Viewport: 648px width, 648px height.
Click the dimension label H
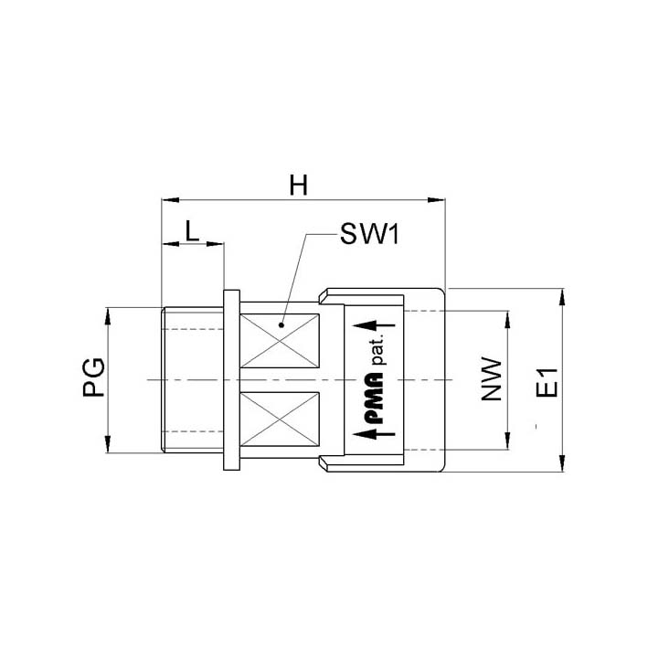coord(298,186)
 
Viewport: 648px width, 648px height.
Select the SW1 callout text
coord(369,234)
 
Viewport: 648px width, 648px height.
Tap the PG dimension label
coord(94,377)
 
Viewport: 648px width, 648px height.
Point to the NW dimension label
coord(492,379)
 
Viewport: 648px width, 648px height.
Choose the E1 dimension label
coord(547,382)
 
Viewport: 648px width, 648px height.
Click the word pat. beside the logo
coord(378,350)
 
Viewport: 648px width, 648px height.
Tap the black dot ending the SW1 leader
coord(282,325)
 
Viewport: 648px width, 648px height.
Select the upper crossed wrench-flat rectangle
coord(280,341)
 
